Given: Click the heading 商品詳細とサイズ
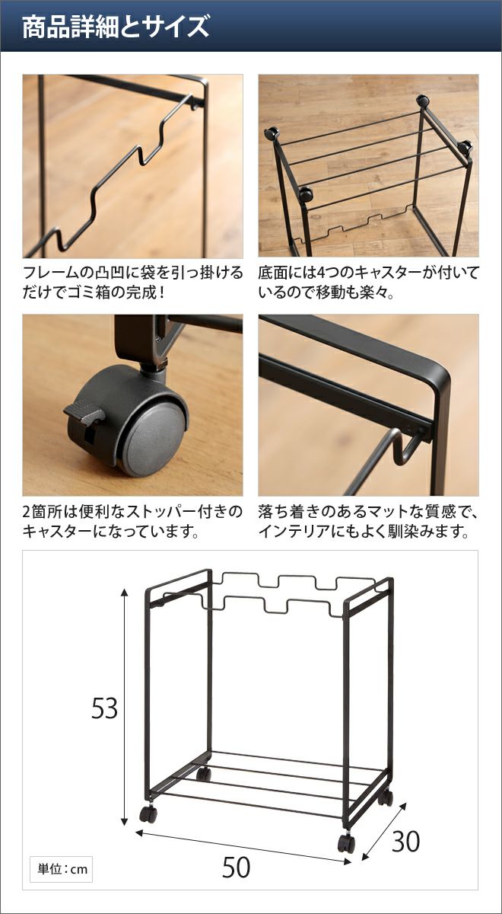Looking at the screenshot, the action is tap(116, 27).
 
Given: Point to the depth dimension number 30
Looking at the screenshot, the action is tap(405, 841).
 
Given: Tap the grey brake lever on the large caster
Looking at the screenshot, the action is tap(84, 414).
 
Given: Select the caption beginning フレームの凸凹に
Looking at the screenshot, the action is tap(133, 283).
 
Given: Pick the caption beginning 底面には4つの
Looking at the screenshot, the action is tap(368, 283).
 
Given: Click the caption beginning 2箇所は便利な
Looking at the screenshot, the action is tap(133, 521).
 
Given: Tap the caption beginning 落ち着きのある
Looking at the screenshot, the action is tap(368, 521).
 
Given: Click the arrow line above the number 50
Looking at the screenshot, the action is tap(243, 833).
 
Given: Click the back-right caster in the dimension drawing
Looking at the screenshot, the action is tap(386, 797).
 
